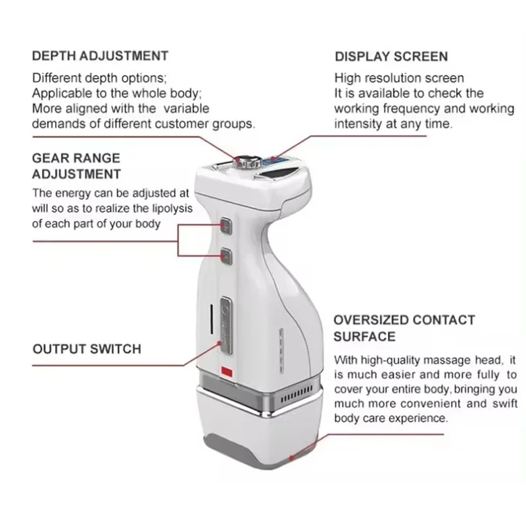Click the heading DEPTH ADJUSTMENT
100,56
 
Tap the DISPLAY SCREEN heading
391,57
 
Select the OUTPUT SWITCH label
87,349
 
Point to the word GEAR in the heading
51,158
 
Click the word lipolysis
172,208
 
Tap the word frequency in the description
412,109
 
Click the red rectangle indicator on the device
227,371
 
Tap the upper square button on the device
226,225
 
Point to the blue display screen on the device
272,162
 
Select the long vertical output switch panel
226,325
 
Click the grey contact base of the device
260,451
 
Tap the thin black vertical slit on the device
211,320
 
